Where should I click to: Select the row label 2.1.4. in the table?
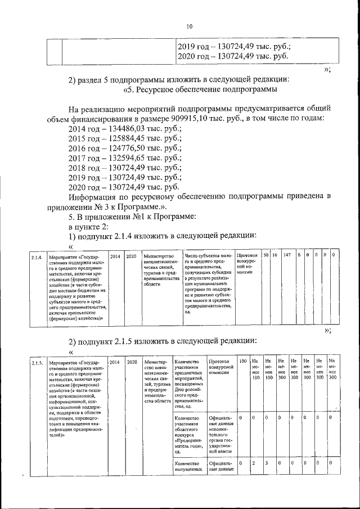[x=37, y=257]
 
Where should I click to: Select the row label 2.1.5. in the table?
[x=37, y=361]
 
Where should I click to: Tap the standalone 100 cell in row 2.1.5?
[x=242, y=361]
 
